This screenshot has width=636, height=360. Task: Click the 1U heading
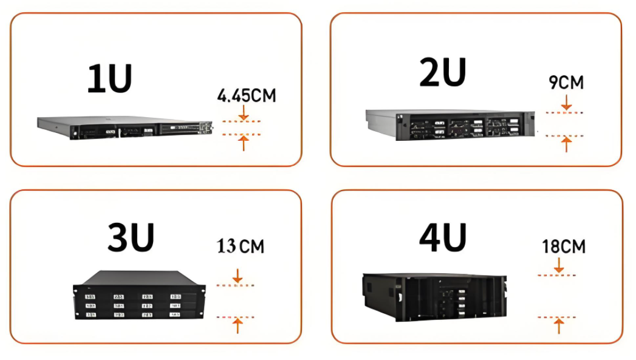110,78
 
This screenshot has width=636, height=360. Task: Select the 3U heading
131,237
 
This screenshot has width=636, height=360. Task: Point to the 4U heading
443,237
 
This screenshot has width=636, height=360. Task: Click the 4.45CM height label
247,96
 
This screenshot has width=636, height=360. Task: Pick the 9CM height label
566,83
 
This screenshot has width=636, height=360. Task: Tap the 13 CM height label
241,246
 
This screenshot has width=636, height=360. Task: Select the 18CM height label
564,246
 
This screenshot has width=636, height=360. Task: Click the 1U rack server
125,127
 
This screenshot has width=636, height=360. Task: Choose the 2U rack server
450,125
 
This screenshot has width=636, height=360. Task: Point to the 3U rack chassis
139,294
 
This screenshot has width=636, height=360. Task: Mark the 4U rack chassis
434,297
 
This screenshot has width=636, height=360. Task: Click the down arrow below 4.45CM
244,113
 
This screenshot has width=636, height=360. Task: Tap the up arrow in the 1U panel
244,143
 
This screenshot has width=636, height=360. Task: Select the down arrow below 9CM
567,103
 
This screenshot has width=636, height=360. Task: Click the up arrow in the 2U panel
567,144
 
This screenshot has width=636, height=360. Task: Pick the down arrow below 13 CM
238,276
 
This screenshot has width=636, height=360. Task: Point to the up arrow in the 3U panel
238,326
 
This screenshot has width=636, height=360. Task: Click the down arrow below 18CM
559,265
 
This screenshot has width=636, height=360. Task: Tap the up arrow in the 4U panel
559,327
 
